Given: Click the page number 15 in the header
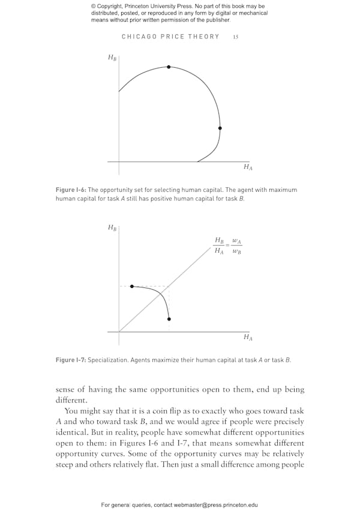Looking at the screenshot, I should click(236, 37).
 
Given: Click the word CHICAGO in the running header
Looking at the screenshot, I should click(139, 37).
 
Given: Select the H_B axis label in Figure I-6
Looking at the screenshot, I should click(112, 58).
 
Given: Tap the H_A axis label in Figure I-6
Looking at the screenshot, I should click(248, 167).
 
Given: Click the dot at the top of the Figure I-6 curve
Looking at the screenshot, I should click(169, 67).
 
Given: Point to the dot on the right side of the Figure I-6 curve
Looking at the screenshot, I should click(220, 128).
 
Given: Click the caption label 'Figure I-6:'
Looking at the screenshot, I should click(71, 190).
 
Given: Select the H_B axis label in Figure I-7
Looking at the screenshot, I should click(112, 228).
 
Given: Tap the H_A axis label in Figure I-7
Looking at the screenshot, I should click(248, 337).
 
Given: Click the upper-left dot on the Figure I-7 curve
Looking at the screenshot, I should click(132, 286).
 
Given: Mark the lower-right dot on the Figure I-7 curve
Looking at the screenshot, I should click(169, 319).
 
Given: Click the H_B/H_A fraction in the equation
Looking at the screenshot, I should click(220, 246).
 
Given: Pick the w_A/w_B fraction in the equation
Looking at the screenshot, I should click(237, 246).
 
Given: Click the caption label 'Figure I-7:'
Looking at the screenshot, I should click(71, 360).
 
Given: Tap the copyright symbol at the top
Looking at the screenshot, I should click(94, 6).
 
